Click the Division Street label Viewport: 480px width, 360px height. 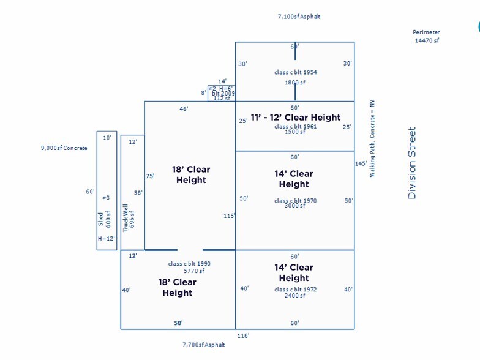(x=412, y=163)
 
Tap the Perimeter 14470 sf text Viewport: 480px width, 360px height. (x=426, y=36)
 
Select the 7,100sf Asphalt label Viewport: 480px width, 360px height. (x=299, y=17)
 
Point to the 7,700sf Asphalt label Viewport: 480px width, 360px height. (x=203, y=345)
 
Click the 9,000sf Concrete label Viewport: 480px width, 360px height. (x=64, y=148)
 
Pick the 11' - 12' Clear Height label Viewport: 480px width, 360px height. (x=296, y=118)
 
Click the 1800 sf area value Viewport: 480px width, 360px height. (x=294, y=82)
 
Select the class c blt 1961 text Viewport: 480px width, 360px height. (x=295, y=127)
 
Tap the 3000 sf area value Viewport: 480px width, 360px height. (x=294, y=206)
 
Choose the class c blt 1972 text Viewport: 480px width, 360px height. (x=295, y=290)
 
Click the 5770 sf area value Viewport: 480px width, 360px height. (x=194, y=271)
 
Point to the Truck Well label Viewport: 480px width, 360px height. (x=126, y=217)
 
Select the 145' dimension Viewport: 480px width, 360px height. (x=360, y=163)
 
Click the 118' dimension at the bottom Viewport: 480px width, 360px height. (x=243, y=336)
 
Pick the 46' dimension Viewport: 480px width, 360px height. (x=184, y=108)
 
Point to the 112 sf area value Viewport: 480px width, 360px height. (x=221, y=98)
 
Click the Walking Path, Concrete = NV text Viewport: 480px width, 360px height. (x=372, y=138)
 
